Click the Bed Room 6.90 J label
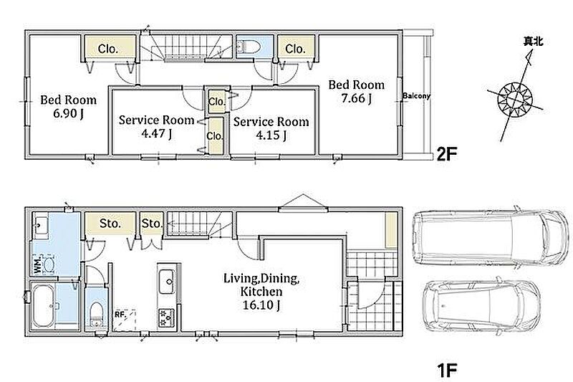(68, 106)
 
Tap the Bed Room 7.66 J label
(356, 92)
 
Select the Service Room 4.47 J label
(156, 127)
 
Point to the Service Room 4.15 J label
(271, 128)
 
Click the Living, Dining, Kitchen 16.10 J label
(261, 292)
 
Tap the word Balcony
(416, 96)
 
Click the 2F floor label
(447, 155)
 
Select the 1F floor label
(447, 370)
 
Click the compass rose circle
(515, 100)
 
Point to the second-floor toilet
(249, 47)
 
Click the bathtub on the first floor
(44, 306)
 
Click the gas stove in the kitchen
(166, 318)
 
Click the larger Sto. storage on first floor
(110, 224)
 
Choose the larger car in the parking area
(491, 238)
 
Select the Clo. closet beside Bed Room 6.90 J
(108, 49)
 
